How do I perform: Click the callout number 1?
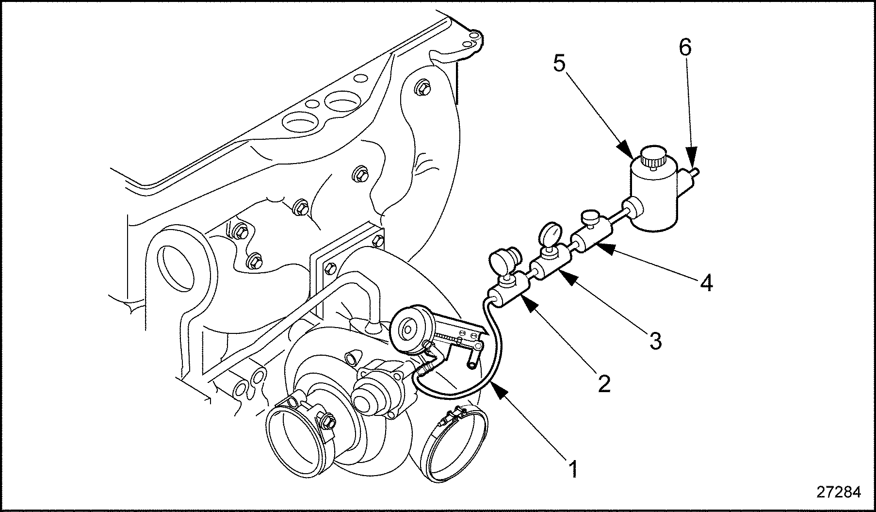[x=573, y=469]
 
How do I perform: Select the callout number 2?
[x=603, y=383]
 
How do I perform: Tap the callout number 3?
[x=655, y=340]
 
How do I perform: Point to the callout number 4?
[x=707, y=282]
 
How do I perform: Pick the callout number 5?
[x=560, y=63]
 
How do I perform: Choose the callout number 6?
[x=685, y=48]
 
